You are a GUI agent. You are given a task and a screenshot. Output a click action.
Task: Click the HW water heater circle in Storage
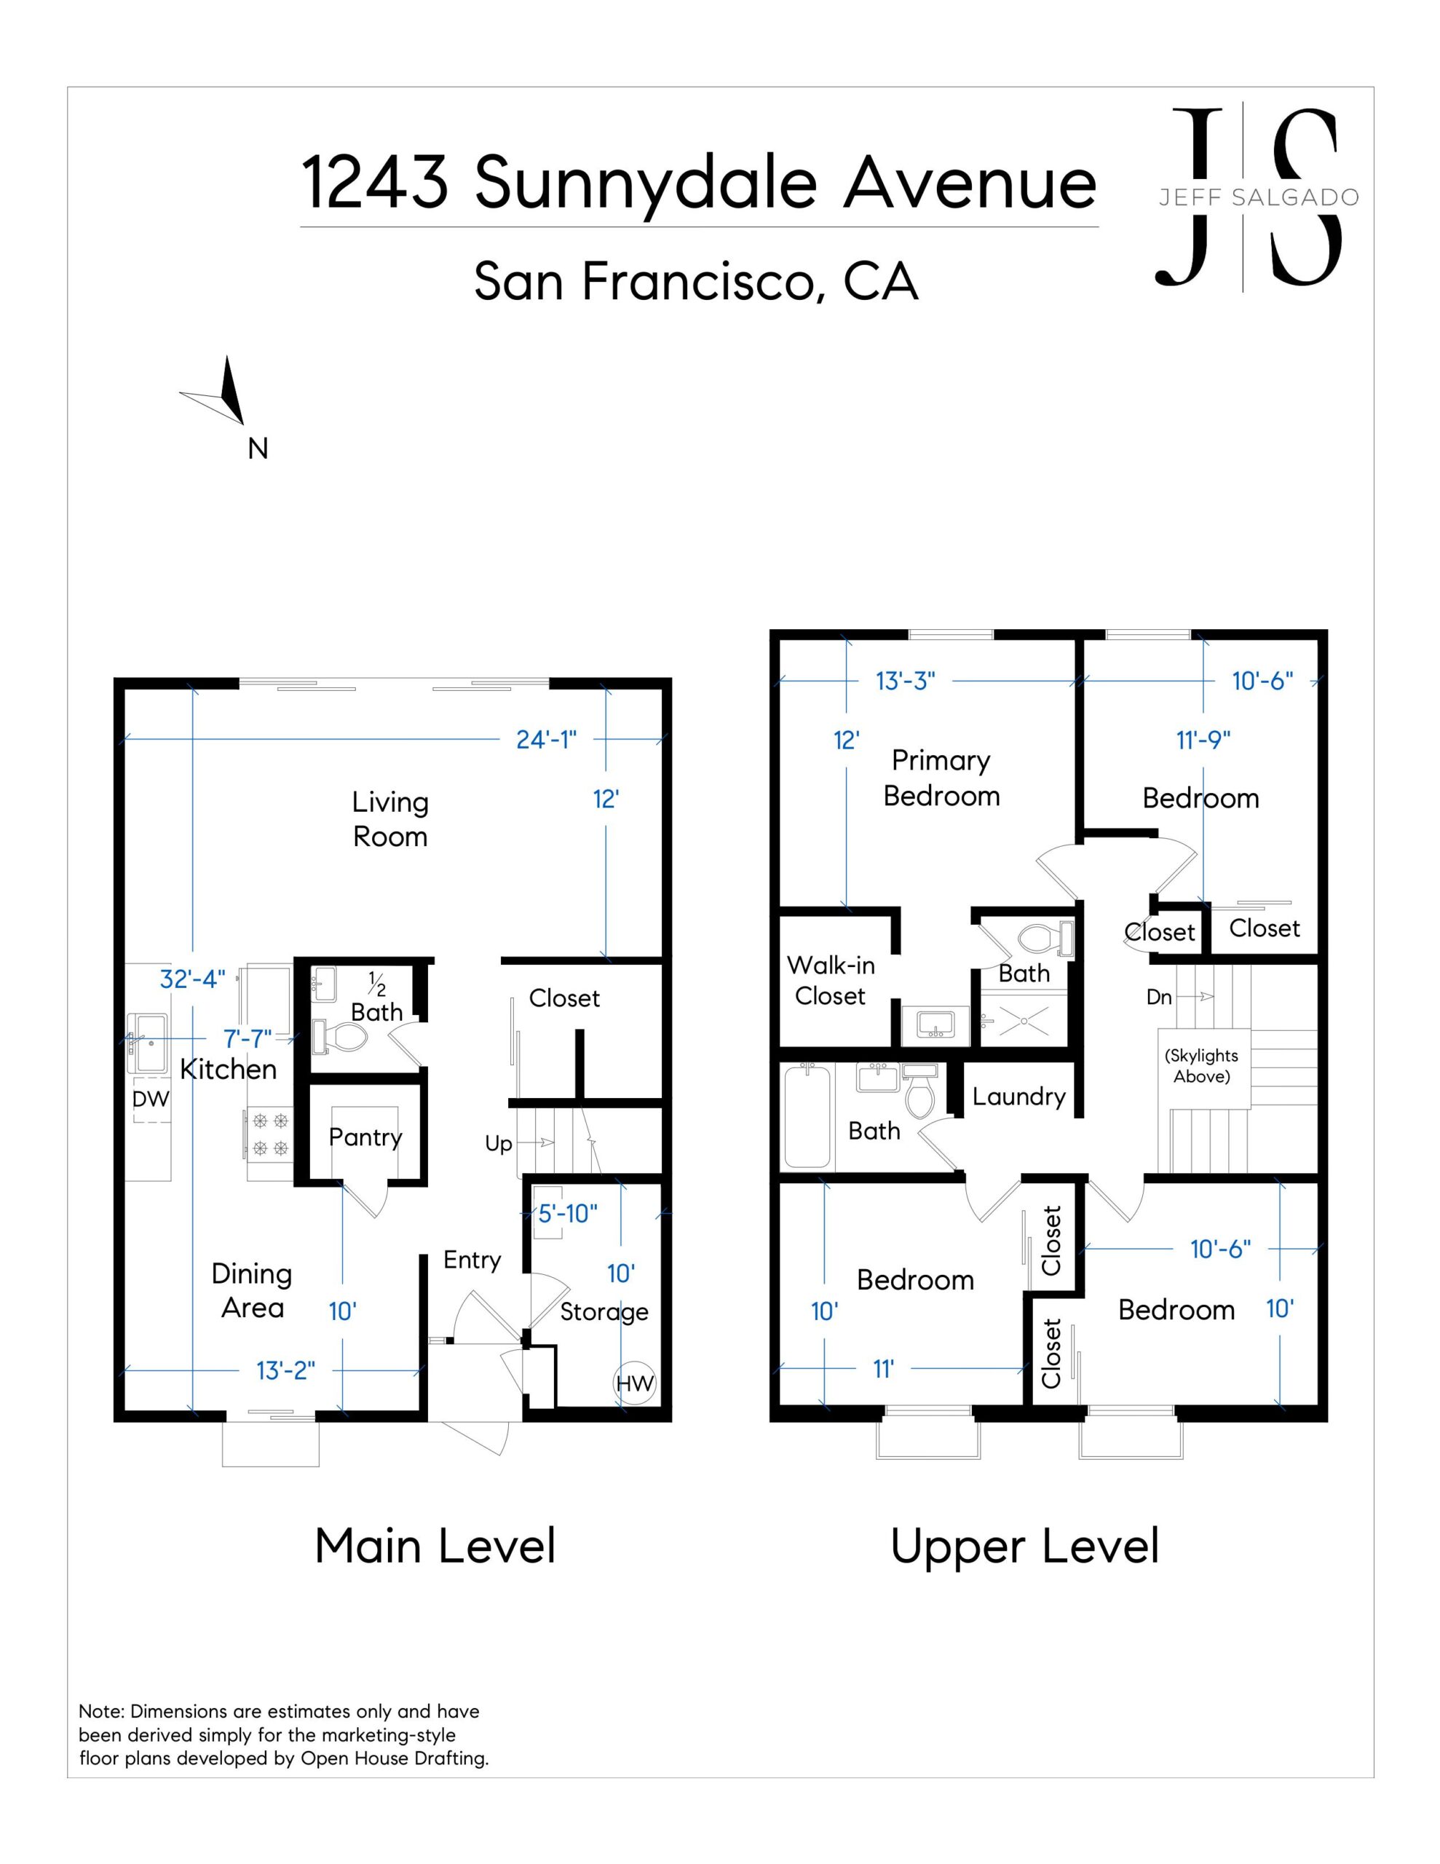[x=634, y=1383]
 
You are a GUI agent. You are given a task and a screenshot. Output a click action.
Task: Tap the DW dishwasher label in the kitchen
[x=151, y=1099]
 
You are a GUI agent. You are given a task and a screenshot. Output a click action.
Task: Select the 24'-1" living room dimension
[x=546, y=739]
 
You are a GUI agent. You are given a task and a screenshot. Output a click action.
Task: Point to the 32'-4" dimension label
[x=193, y=979]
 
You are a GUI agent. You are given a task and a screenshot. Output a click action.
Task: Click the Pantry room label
[x=365, y=1137]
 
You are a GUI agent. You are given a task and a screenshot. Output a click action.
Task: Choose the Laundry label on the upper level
[x=1018, y=1097]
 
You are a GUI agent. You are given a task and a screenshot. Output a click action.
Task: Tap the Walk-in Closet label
[x=831, y=981]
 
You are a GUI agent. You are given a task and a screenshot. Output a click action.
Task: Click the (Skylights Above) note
[x=1201, y=1066]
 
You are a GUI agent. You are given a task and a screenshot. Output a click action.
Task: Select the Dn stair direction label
[x=1158, y=997]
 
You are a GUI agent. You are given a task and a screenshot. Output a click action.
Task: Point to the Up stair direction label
[x=499, y=1144]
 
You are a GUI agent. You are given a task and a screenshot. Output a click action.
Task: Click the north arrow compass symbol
[x=218, y=392]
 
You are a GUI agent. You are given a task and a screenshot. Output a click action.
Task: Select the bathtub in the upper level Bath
[x=807, y=1115]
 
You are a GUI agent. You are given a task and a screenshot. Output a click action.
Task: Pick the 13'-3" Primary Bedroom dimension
[x=906, y=681]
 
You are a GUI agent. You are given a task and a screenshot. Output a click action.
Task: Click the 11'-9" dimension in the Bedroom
[x=1203, y=740]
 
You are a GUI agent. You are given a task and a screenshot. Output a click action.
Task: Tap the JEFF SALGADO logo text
[x=1259, y=198]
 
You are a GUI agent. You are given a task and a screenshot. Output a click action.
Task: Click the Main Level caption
[x=435, y=1547]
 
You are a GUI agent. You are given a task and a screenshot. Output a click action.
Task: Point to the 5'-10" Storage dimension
[x=568, y=1214]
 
